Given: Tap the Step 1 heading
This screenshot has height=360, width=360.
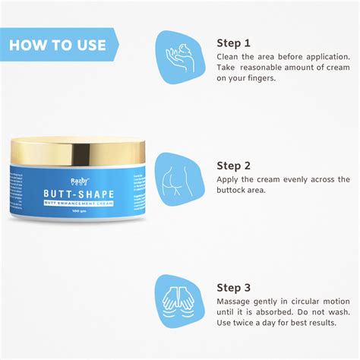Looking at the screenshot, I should pyautogui.click(x=233, y=43).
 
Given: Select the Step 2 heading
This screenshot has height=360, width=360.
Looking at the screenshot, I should pyautogui.click(x=234, y=166).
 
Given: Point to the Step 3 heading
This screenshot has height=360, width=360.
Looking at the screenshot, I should pyautogui.click(x=234, y=288).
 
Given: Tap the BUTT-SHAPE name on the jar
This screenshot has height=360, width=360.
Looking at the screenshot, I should pyautogui.click(x=80, y=194).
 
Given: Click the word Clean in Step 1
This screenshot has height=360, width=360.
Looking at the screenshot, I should pyautogui.click(x=229, y=57).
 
